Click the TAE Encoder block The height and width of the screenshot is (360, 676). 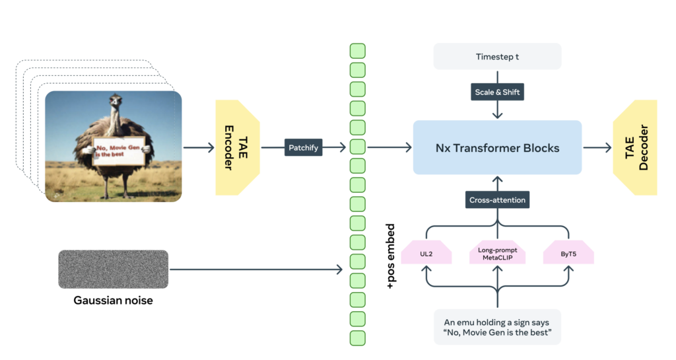(234, 147)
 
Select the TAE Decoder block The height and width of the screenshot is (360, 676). (634, 147)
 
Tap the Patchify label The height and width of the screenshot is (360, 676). (303, 148)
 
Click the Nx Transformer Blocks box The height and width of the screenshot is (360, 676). (497, 148)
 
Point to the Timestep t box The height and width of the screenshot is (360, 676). (497, 57)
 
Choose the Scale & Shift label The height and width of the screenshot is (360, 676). (498, 92)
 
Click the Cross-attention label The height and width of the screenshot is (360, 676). (497, 200)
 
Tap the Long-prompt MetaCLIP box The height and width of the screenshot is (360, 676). (497, 252)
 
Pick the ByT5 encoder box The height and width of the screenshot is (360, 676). (568, 252)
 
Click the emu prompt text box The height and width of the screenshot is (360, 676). (497, 327)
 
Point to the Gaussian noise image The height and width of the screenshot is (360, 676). (114, 270)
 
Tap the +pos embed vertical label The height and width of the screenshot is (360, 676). (390, 256)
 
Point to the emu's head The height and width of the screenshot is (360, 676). (117, 100)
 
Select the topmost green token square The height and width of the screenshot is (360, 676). (357, 51)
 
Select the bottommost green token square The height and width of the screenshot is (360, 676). (357, 338)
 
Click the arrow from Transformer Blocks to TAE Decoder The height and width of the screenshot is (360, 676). (597, 148)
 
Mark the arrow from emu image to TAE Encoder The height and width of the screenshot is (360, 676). (198, 148)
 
